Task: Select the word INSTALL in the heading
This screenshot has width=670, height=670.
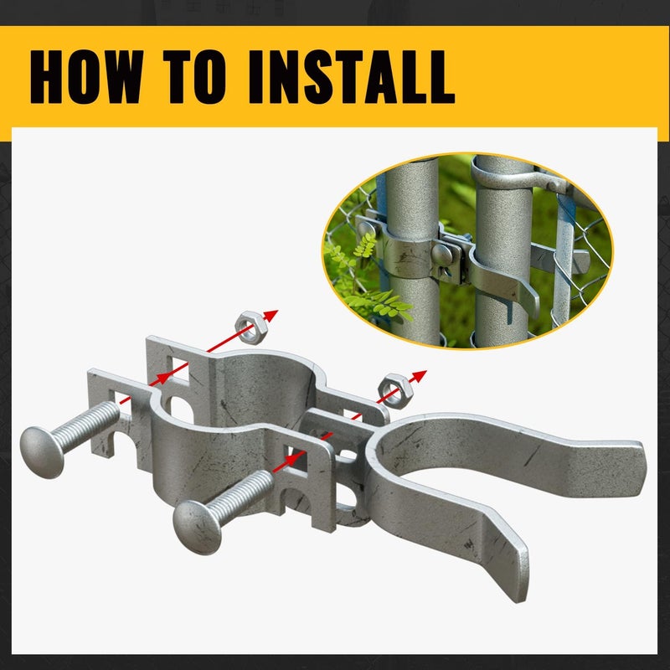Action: (351, 77)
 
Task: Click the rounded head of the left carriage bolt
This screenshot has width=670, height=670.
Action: (41, 451)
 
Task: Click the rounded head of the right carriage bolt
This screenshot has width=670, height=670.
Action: (197, 527)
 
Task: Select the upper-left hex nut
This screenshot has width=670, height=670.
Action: (251, 327)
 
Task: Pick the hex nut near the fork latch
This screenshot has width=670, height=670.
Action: (395, 390)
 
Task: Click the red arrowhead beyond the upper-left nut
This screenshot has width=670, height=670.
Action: (271, 316)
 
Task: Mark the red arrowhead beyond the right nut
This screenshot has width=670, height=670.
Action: (420, 376)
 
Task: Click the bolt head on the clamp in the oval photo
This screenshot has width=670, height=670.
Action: (442, 255)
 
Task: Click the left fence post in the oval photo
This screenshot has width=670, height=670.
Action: (411, 252)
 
